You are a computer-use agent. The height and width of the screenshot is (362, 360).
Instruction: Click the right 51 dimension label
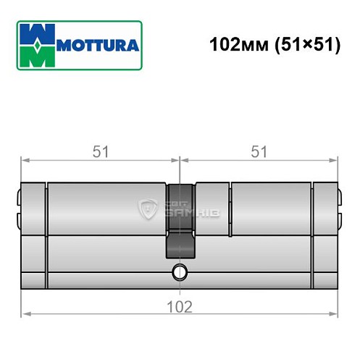tap(259, 153)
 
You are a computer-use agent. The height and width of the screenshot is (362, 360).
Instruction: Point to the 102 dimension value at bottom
tap(180, 306)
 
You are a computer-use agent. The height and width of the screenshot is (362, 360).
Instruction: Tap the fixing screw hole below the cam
tap(180, 272)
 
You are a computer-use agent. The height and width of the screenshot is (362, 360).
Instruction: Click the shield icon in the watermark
tap(149, 211)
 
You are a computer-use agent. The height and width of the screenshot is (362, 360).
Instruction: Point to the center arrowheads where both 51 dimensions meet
tap(180, 161)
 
